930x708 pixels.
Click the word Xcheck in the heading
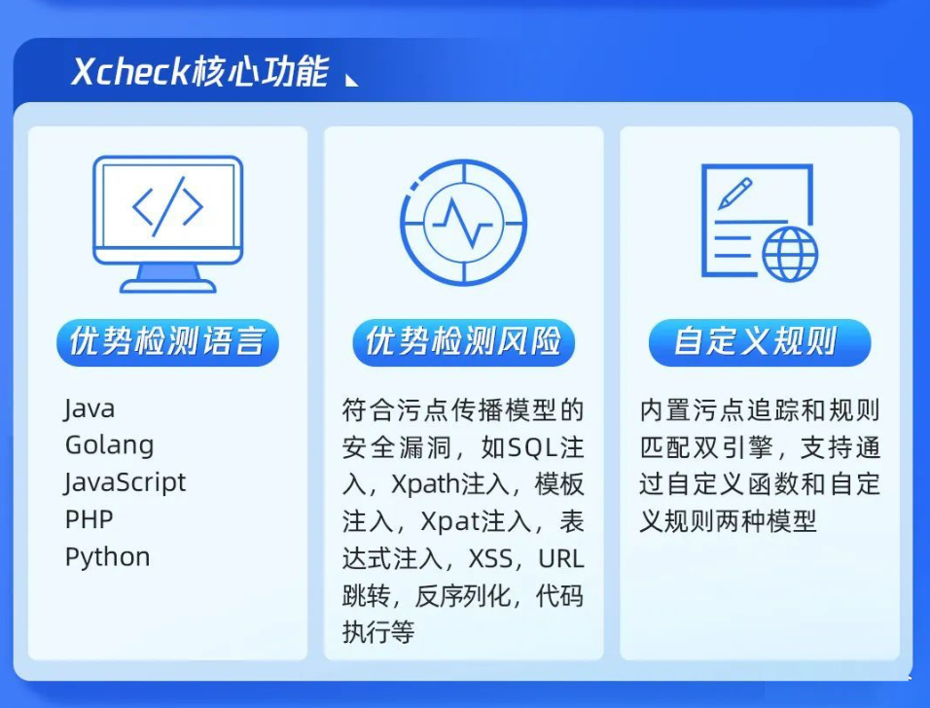[x=130, y=72]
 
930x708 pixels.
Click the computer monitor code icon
[x=168, y=224]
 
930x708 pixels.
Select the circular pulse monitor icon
[x=464, y=223]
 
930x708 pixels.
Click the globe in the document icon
[x=790, y=254]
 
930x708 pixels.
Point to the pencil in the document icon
[x=734, y=194]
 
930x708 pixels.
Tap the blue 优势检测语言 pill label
[x=168, y=342]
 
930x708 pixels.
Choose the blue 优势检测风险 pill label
[x=464, y=342]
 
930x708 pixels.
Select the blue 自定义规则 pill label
[x=760, y=342]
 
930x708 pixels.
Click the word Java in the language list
[x=89, y=409]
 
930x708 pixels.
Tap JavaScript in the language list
[x=125, y=482]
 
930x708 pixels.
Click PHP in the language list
[x=89, y=519]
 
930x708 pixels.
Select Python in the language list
[x=107, y=557]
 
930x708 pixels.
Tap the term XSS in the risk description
[x=490, y=558]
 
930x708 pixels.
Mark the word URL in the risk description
[x=561, y=558]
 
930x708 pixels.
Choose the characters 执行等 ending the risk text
[x=378, y=633]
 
